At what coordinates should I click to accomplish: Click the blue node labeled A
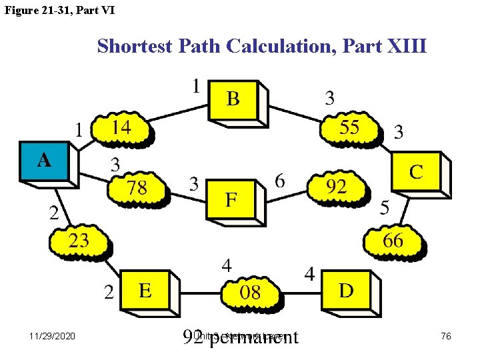tap(44, 161)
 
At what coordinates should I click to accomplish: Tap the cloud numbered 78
tap(137, 188)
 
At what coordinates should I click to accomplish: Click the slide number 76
tap(446, 336)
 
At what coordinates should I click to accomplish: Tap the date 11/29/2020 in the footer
tap(53, 336)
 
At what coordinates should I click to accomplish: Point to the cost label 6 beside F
tap(281, 181)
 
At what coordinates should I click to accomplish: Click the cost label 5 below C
tap(385, 208)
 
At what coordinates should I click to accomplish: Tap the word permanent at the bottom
tap(254, 337)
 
